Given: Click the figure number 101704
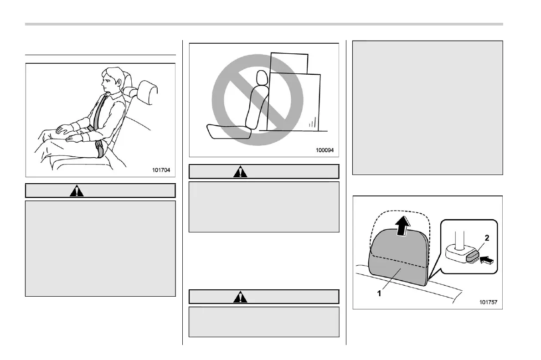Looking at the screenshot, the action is point(161,171).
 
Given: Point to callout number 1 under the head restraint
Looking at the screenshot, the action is point(378,294).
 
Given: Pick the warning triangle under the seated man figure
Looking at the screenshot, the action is point(77,190).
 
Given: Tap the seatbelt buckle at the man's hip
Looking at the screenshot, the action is point(100,148).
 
